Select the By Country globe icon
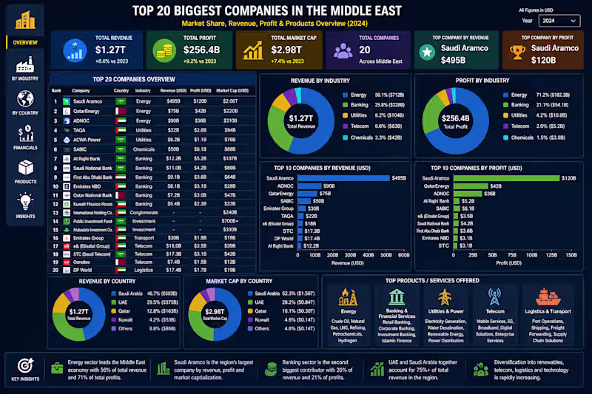[25, 98]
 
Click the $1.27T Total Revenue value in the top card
[110, 50]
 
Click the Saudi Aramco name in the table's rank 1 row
[87, 101]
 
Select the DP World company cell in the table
[84, 271]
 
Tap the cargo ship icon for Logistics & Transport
[548, 296]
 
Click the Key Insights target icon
[24, 366]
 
